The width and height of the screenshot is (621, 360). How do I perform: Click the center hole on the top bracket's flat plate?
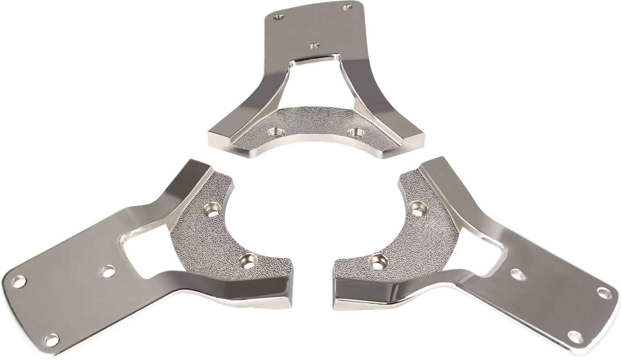point(314,46)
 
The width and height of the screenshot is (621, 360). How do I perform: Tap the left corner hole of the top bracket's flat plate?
point(278,16)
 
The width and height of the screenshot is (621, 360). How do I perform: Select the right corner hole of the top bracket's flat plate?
point(346,7)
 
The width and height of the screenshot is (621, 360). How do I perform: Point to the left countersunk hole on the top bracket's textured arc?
point(277,131)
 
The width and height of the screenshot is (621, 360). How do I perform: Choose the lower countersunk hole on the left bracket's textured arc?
point(248,262)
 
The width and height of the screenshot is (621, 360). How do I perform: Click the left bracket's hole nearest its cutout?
point(108,271)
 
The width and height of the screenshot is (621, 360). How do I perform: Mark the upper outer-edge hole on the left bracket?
point(18,281)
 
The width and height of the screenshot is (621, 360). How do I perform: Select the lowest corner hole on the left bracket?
point(51,340)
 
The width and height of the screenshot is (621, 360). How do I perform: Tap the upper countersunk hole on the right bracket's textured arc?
point(418,209)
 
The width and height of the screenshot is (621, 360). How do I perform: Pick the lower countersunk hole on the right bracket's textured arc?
point(378,262)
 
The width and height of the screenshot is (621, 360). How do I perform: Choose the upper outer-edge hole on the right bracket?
point(604,293)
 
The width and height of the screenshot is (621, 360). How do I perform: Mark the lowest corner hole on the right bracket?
point(576,337)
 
